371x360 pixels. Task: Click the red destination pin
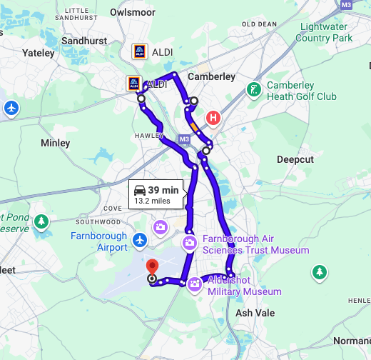(151, 266)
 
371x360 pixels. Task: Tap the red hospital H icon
(213, 118)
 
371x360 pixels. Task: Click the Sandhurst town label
(84, 40)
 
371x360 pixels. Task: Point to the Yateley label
(38, 53)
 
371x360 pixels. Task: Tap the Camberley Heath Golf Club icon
(253, 90)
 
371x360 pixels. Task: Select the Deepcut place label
(295, 159)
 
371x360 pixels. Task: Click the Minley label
(56, 143)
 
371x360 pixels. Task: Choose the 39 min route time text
(163, 190)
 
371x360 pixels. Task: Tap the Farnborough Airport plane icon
(140, 247)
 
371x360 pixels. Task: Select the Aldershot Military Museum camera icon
(193, 284)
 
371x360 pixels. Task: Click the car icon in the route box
(140, 190)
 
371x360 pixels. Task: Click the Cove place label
(113, 208)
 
